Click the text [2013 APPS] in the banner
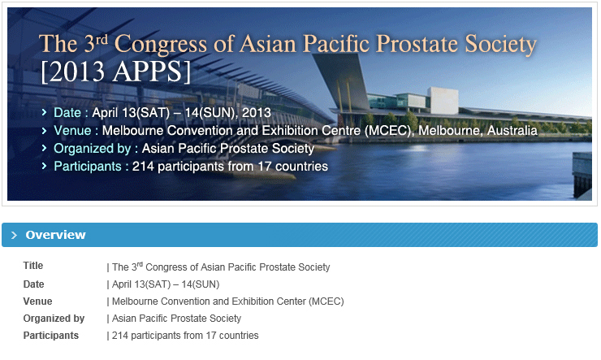tap(115, 72)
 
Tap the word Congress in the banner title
tap(161, 45)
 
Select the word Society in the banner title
tap(500, 45)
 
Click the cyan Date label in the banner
tap(67, 113)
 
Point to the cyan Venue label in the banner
tap(72, 130)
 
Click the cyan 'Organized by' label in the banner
tap(92, 149)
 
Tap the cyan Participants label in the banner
tap(88, 167)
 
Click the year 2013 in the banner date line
tap(257, 113)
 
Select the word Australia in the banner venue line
tap(512, 130)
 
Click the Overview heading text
tap(55, 235)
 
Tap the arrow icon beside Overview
tap(14, 235)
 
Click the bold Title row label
tap(33, 265)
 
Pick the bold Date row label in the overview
tap(33, 284)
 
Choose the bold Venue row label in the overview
tap(37, 301)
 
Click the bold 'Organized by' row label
tap(54, 319)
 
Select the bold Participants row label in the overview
tap(50, 336)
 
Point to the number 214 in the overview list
tap(120, 336)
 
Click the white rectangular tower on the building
tap(443, 101)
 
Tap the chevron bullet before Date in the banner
tap(44, 112)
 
